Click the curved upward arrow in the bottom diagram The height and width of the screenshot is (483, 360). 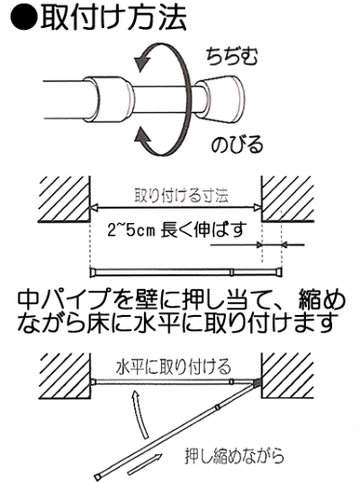[141, 421]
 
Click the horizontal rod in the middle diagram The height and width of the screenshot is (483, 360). [174, 268]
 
